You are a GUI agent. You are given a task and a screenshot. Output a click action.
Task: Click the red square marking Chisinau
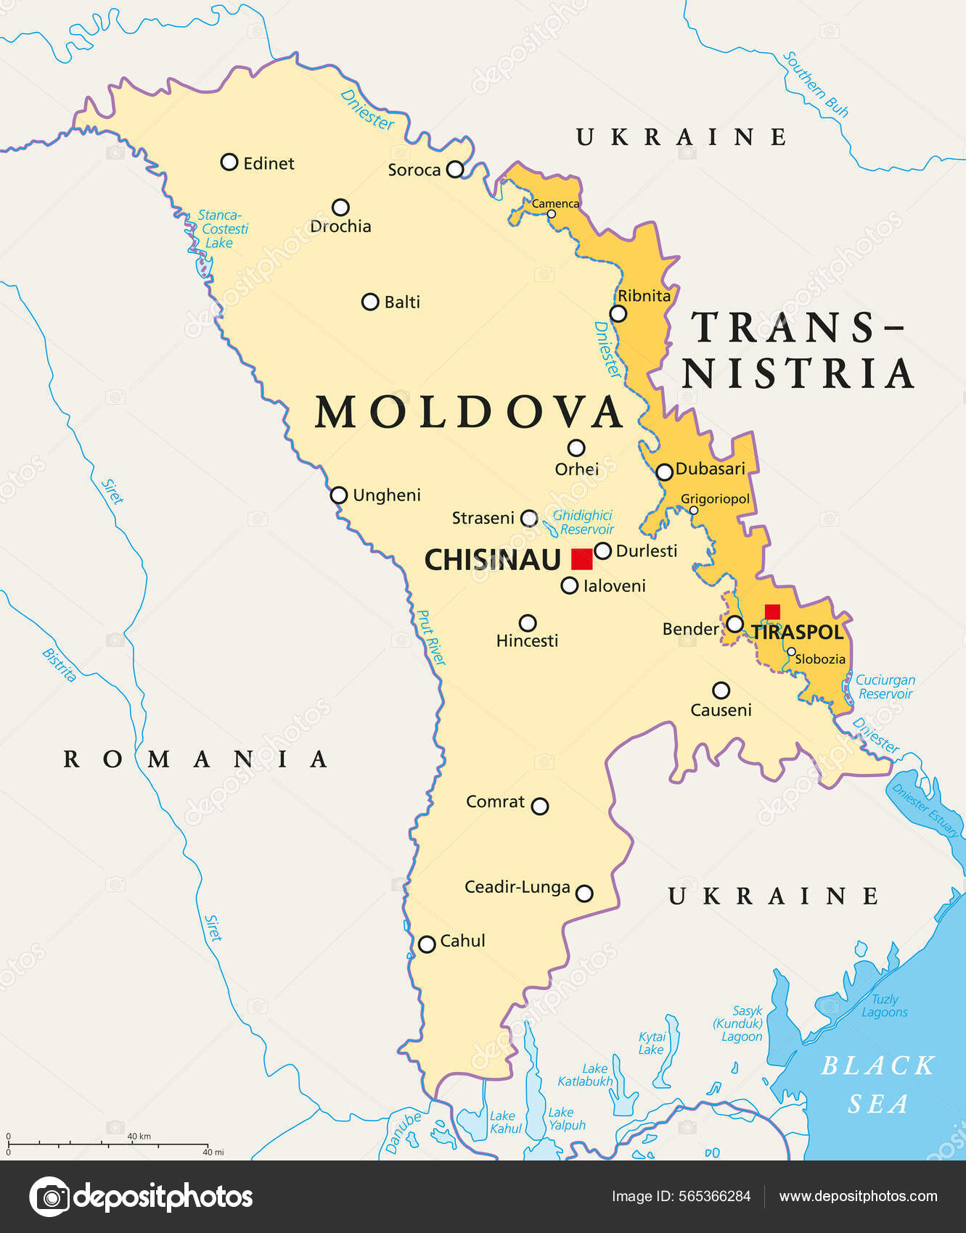click(581, 559)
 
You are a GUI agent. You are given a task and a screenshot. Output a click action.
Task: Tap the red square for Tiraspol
click(772, 611)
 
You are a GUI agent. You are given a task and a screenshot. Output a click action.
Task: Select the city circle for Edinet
click(229, 162)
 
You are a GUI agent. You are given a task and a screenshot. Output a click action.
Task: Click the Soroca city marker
click(454, 169)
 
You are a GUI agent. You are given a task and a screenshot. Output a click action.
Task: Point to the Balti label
click(402, 302)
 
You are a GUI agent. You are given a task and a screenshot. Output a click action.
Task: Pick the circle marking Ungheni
click(339, 495)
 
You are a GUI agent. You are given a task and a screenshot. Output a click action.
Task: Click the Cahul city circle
click(427, 944)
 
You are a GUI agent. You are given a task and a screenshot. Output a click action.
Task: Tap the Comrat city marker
click(539, 806)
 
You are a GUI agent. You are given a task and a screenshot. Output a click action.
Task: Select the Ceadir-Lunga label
click(517, 887)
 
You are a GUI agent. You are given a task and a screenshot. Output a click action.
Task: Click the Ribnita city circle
click(618, 313)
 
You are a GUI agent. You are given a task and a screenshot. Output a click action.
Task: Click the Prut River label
click(430, 638)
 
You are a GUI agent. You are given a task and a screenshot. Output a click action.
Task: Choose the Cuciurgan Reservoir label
click(885, 687)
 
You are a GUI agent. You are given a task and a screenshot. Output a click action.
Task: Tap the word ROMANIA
click(196, 759)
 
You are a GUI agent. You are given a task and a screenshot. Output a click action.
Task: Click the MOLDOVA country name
click(469, 413)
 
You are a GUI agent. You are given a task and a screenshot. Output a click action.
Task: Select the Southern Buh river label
click(816, 84)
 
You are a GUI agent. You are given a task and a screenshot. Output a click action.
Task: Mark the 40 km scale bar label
click(139, 1137)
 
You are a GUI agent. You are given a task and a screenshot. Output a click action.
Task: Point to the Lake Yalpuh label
click(566, 1118)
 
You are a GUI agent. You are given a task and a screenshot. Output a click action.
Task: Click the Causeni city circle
click(721, 690)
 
